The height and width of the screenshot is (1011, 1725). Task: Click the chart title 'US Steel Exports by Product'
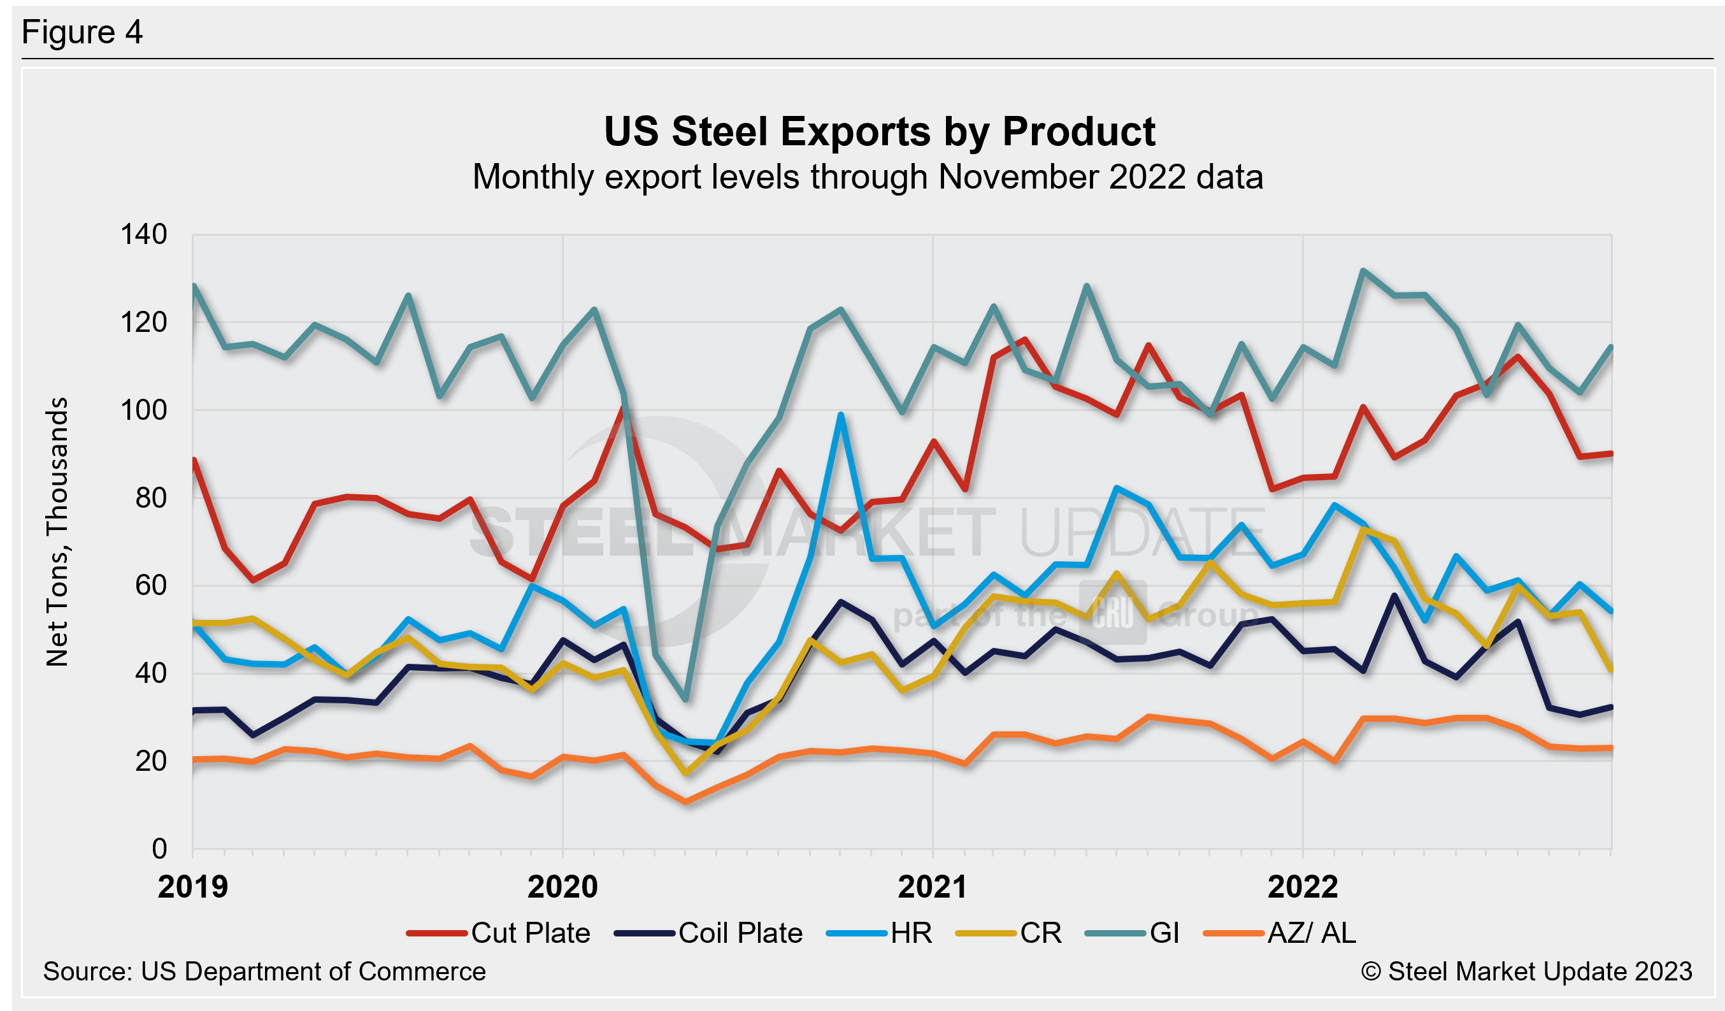coord(879,131)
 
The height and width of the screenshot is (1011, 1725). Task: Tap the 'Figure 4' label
coord(82,32)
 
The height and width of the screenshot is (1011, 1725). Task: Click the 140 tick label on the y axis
coord(144,235)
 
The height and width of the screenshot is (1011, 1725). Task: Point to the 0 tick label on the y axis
coord(159,849)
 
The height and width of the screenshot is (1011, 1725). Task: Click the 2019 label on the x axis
coord(192,887)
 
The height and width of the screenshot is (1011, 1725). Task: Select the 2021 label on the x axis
coord(933,887)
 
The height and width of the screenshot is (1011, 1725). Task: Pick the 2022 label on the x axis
coord(1303,887)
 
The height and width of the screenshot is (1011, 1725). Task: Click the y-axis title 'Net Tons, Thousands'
coord(57,532)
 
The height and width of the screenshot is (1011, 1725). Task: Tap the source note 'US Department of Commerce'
coord(264,972)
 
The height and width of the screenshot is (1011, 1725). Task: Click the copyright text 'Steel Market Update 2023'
coord(1526,972)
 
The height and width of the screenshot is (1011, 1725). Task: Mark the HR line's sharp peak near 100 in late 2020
coord(841,415)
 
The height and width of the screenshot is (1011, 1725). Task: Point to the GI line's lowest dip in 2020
coord(686,699)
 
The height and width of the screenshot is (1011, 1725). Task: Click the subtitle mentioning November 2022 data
coord(868,177)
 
